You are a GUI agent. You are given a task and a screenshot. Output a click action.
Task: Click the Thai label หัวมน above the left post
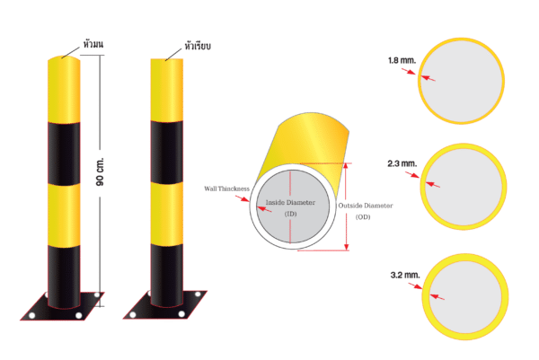(93, 44)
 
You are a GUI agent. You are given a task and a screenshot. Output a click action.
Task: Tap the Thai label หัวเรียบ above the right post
(198, 46)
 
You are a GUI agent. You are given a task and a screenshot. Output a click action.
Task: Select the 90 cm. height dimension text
(100, 171)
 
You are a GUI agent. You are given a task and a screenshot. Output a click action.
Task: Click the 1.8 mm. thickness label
(402, 60)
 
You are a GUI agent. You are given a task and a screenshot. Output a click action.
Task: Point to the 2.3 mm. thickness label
(402, 163)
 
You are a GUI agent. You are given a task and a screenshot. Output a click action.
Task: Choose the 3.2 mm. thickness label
(405, 275)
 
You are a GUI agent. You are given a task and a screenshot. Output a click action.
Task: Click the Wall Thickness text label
(227, 189)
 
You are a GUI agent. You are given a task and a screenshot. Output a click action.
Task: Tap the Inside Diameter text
(290, 202)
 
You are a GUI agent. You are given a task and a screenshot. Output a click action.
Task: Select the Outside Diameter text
(366, 206)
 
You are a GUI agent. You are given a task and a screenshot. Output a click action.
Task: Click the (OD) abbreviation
(363, 216)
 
